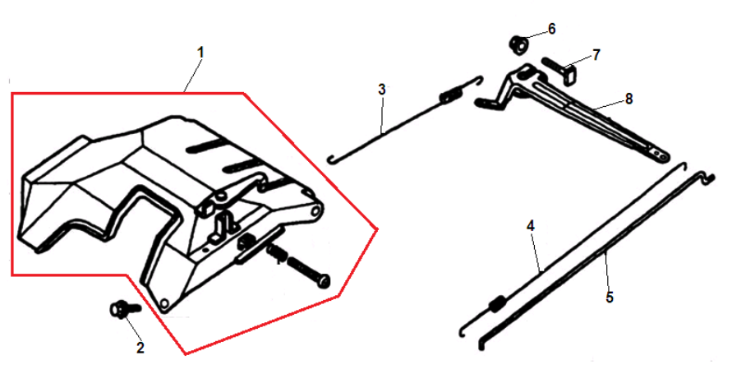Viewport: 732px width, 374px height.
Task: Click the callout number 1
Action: point(200,53)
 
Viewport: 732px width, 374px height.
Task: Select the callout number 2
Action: point(140,347)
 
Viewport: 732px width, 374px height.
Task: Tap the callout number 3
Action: point(382,89)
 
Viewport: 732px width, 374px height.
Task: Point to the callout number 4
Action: point(531,226)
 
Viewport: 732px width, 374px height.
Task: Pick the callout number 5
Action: point(610,298)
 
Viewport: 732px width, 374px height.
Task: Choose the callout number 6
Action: point(552,29)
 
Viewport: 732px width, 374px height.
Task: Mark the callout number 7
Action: point(596,55)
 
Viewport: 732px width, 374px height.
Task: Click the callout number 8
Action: point(628,99)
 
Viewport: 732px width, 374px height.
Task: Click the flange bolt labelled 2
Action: point(123,310)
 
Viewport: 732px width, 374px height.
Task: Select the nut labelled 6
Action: point(518,44)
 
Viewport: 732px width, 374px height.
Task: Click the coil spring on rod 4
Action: point(498,304)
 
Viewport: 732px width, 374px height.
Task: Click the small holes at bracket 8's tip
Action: point(658,153)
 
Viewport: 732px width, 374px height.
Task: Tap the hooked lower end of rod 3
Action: point(333,159)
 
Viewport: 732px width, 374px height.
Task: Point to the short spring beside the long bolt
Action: point(277,252)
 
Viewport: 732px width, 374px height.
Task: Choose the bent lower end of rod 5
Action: point(483,344)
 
